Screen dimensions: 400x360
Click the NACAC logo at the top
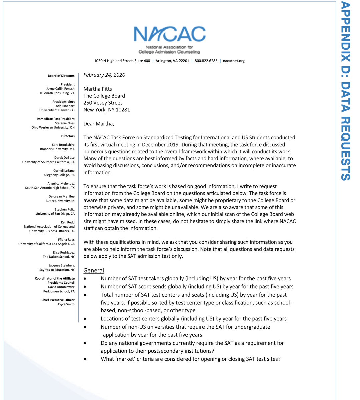point(169,39)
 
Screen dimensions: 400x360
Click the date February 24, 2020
point(104,75)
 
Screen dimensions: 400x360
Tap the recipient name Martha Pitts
point(98,89)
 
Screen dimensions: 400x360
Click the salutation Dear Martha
point(99,124)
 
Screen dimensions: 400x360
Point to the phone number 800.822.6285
point(206,61)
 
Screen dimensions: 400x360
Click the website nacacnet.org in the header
point(234,61)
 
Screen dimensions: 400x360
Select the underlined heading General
point(94,270)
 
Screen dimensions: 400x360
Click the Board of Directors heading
point(61,76)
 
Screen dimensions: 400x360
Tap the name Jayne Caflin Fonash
point(60,89)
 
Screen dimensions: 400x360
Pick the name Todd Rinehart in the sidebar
point(64,106)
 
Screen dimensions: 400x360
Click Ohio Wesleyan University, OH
point(53,127)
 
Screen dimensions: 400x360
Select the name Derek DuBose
point(64,158)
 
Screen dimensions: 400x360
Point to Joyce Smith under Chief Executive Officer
point(66,304)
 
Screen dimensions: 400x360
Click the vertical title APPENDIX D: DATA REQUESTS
point(346,91)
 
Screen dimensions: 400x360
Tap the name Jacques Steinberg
point(62,265)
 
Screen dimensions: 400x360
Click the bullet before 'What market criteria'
point(86,359)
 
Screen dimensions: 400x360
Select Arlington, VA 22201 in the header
point(172,61)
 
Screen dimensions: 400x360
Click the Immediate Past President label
point(56,119)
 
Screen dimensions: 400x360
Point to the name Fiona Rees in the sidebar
point(66,240)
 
